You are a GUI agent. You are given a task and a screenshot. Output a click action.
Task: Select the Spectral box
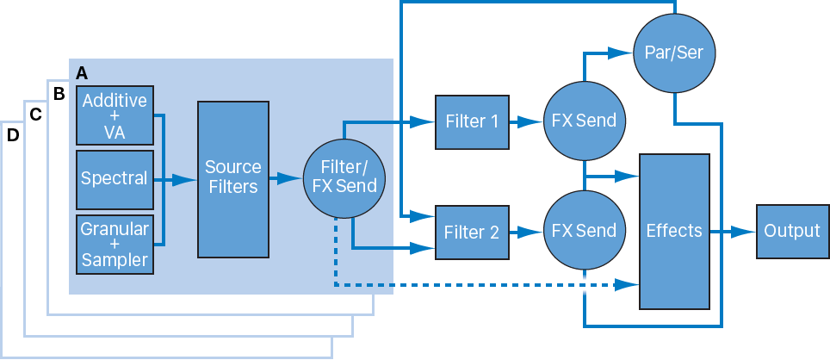pyautogui.click(x=115, y=179)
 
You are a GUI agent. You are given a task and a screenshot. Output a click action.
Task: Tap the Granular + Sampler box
pyautogui.click(x=115, y=244)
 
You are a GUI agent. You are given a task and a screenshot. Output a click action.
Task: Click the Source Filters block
pyautogui.click(x=232, y=179)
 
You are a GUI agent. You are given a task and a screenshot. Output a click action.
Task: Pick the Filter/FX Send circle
pyautogui.click(x=343, y=179)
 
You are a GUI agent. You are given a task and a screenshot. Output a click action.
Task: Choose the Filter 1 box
pyautogui.click(x=471, y=121)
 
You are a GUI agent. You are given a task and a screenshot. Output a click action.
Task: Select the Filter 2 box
pyautogui.click(x=471, y=232)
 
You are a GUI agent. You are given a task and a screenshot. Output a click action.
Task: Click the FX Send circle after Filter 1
pyautogui.click(x=584, y=121)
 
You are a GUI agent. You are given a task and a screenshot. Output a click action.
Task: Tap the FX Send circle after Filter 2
pyautogui.click(x=584, y=231)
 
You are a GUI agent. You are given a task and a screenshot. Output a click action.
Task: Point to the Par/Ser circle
pyautogui.click(x=674, y=53)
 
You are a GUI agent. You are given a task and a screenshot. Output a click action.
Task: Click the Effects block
pyautogui.click(x=674, y=231)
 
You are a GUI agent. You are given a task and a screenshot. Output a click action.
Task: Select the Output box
pyautogui.click(x=792, y=231)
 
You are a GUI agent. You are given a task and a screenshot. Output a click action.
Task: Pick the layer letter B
pyautogui.click(x=59, y=93)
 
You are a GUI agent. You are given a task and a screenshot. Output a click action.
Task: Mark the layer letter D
pyautogui.click(x=13, y=136)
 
